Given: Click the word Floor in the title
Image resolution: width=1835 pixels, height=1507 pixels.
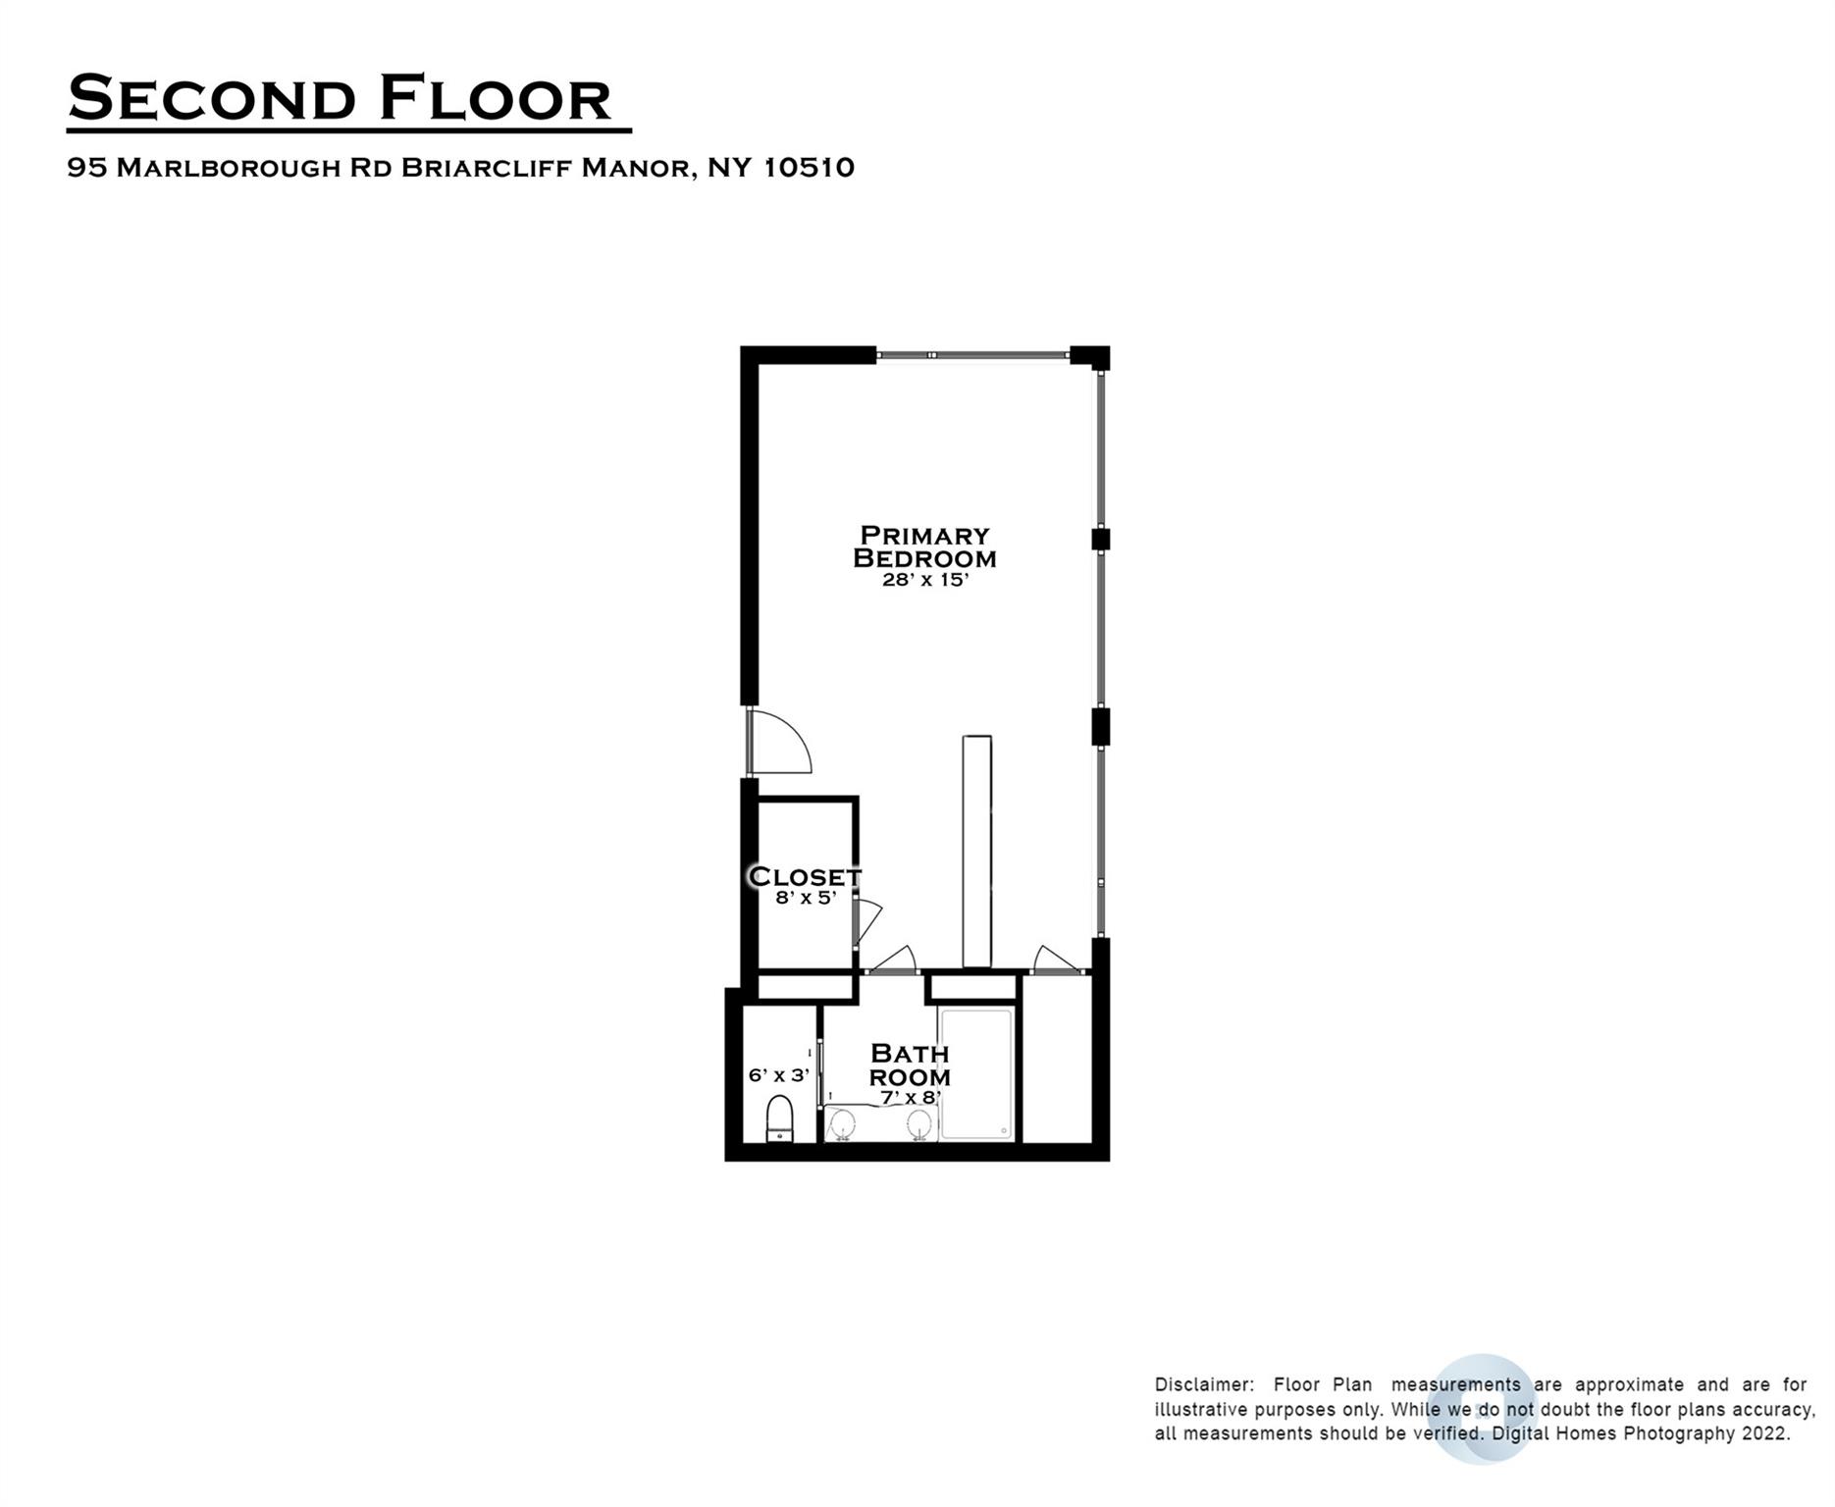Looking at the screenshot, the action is [x=495, y=98].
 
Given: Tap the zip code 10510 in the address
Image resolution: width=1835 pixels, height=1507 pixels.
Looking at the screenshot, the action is [x=809, y=168].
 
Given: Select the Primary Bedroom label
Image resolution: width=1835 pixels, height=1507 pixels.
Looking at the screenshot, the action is [x=924, y=546].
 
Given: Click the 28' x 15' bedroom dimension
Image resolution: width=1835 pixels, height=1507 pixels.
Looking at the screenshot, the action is [x=925, y=580].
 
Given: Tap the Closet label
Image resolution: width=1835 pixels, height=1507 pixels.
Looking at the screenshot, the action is [x=805, y=876].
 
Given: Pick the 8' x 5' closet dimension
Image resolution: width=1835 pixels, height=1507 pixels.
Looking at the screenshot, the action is [x=806, y=897].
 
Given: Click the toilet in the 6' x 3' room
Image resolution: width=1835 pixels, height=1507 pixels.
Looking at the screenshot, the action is [x=779, y=1119].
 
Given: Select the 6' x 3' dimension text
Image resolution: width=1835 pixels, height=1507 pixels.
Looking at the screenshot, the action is [x=779, y=1075].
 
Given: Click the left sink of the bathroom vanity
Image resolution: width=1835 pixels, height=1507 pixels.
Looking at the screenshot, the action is [x=842, y=1122].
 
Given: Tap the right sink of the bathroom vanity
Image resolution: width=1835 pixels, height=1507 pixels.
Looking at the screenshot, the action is [x=919, y=1122].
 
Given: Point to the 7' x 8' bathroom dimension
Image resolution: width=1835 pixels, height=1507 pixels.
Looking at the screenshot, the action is [x=911, y=1098].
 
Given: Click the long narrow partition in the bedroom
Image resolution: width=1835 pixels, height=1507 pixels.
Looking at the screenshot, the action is [x=977, y=852].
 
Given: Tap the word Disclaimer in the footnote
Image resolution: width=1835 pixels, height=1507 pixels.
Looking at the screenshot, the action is [x=1204, y=1385].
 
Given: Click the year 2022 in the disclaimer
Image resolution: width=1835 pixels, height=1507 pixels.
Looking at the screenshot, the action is [x=1766, y=1433].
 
